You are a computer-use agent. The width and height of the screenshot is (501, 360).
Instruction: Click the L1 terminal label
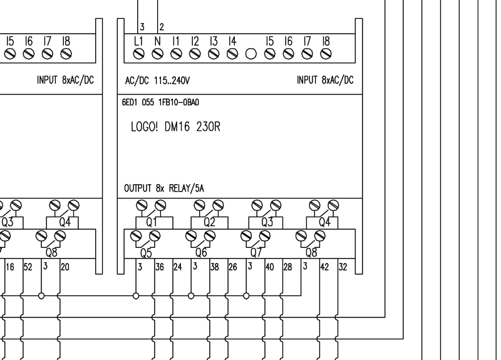tap(138, 41)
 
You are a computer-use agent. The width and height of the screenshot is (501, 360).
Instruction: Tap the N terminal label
tap(157, 41)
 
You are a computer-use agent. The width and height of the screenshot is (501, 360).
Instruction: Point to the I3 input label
tap(214, 41)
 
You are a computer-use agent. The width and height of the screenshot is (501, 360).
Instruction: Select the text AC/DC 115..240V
tap(153, 81)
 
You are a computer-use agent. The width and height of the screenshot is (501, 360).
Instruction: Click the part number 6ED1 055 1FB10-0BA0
tap(161, 100)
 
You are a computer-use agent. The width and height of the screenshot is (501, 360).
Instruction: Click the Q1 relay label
tap(151, 221)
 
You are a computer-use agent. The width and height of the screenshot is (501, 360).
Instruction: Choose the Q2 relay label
tap(209, 221)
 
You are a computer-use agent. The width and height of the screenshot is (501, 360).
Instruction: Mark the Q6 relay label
tap(201, 253)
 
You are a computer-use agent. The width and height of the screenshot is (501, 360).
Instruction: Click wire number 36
tap(160, 267)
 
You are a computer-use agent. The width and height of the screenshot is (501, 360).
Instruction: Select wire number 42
tap(324, 267)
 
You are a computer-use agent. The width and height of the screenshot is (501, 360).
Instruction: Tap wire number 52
tap(27, 267)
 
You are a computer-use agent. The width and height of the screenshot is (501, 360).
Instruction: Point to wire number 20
tap(65, 267)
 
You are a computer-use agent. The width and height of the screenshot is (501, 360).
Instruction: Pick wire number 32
tap(343, 267)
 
